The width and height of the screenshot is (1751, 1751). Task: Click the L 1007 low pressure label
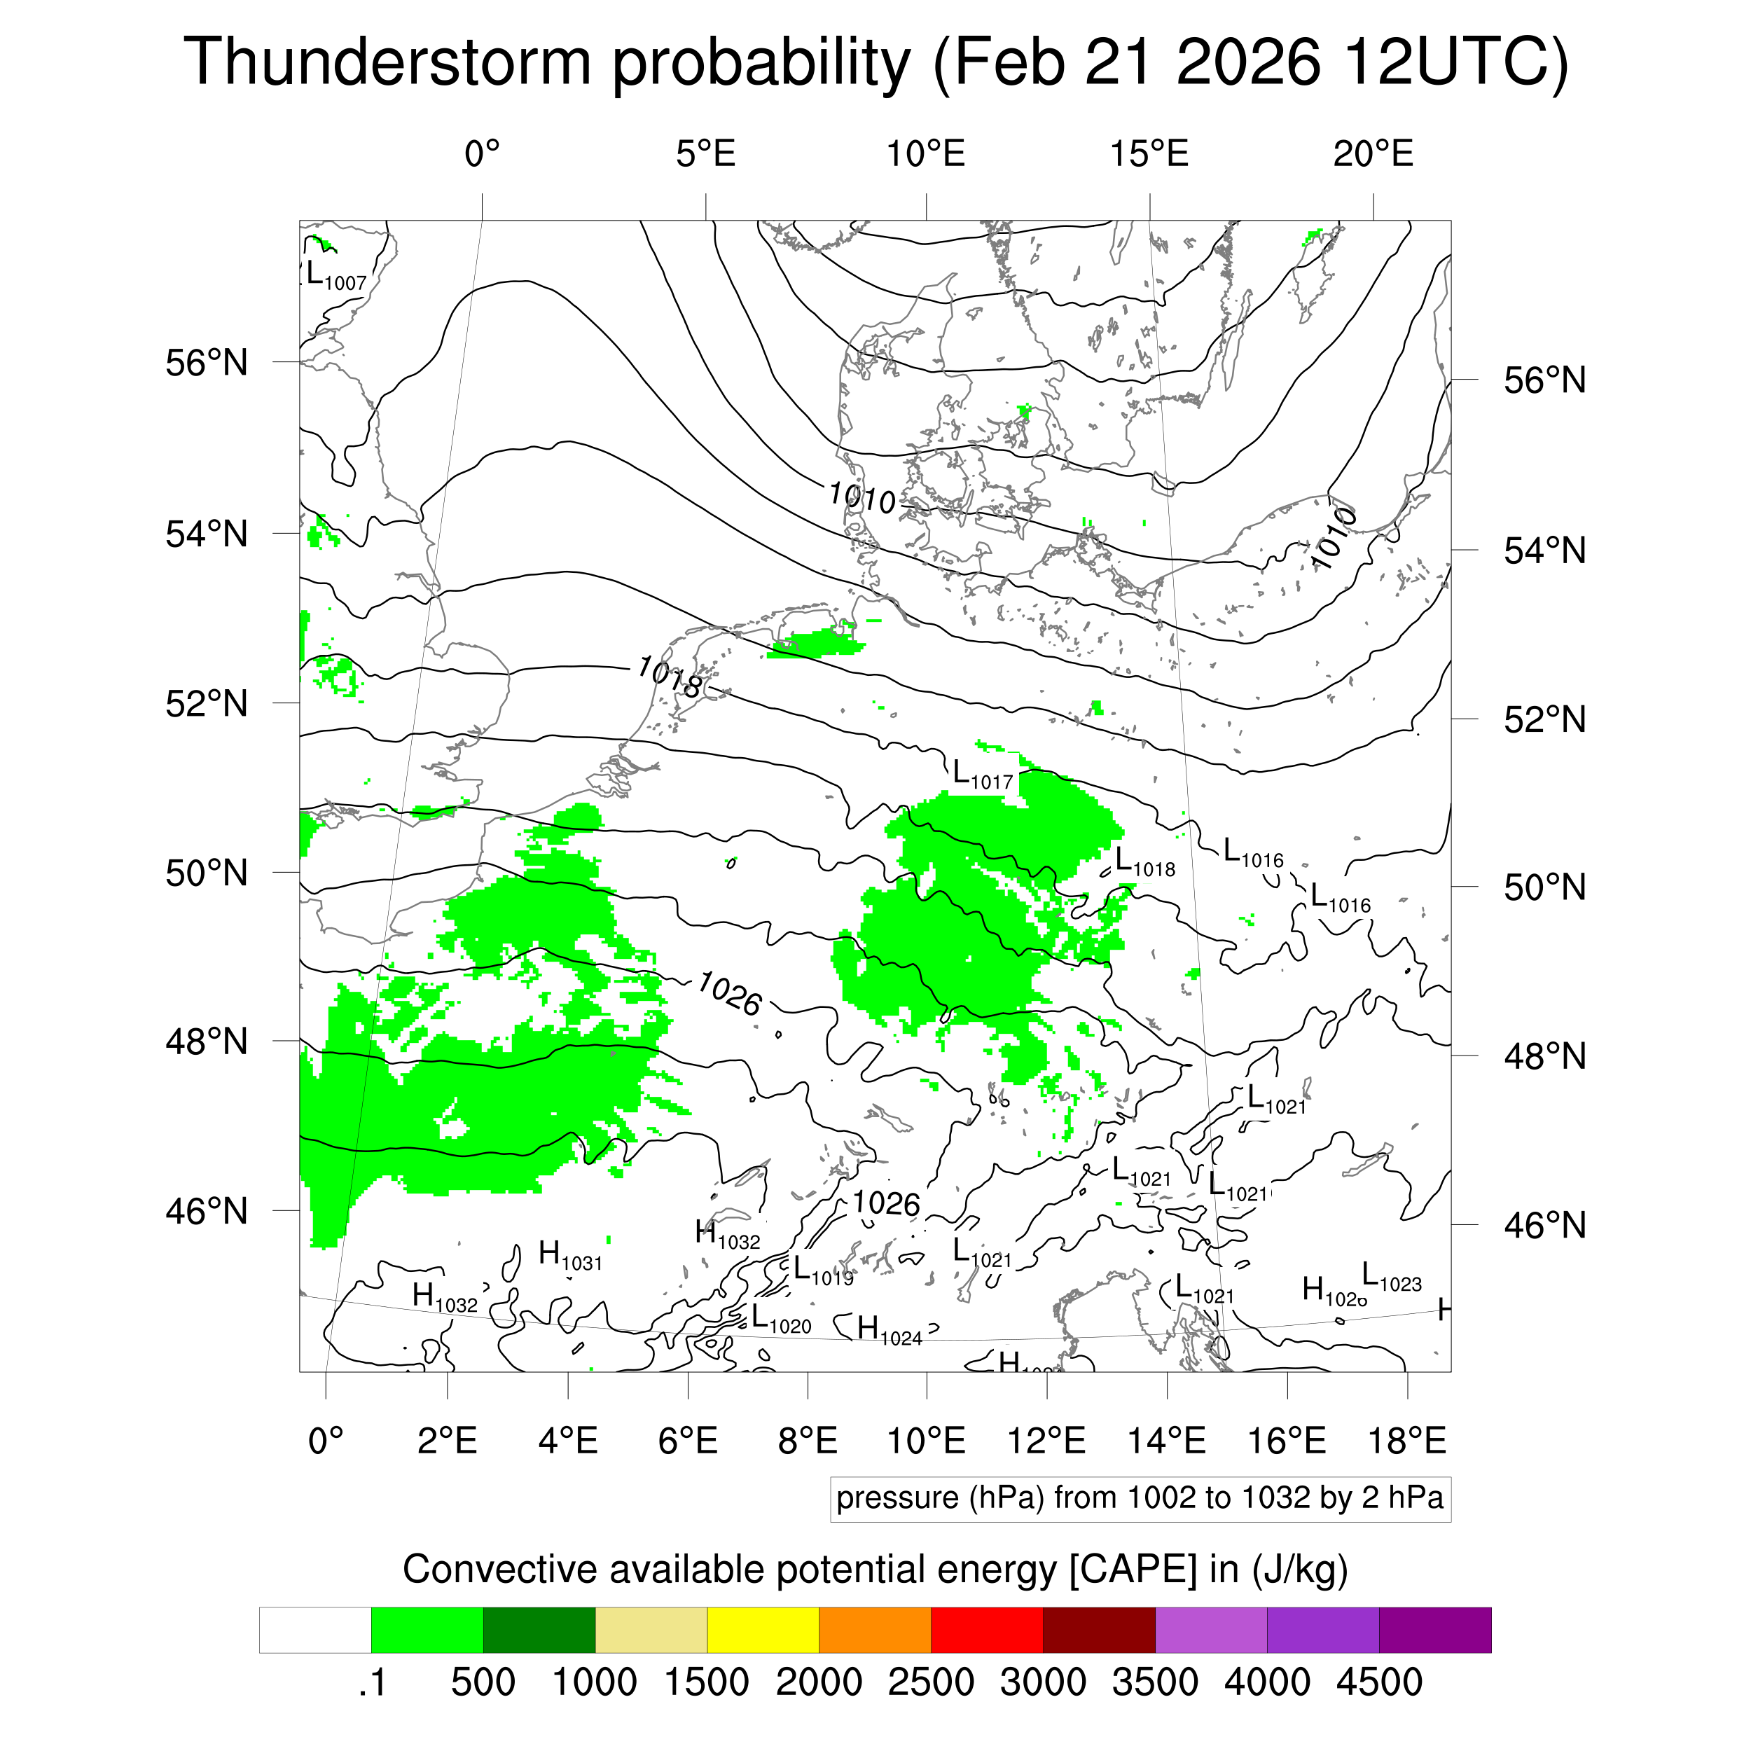[x=336, y=275]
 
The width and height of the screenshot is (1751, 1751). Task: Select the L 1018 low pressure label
[x=1144, y=863]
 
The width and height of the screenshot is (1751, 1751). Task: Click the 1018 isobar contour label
[x=670, y=675]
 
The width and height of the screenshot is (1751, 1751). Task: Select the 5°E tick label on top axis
[x=705, y=154]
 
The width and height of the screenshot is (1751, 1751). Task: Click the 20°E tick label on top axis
[x=1373, y=154]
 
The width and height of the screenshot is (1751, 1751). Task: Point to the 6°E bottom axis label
[x=688, y=1440]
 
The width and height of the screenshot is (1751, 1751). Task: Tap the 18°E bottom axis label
[x=1406, y=1440]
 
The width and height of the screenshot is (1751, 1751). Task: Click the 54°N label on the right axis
[x=1545, y=551]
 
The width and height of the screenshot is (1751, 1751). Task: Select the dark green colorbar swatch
[x=539, y=1631]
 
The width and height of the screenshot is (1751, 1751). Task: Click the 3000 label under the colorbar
[x=1042, y=1682]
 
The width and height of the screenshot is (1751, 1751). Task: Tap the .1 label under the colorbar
[x=372, y=1682]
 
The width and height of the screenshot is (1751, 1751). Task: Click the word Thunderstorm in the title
[x=388, y=64]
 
